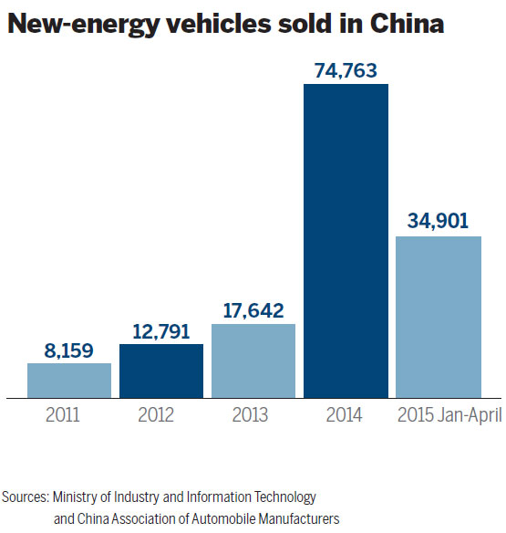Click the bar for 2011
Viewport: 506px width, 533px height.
tap(69, 380)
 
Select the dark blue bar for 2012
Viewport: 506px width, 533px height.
tap(161, 371)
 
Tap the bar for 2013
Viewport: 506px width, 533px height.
tap(253, 361)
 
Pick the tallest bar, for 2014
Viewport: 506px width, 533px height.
tap(346, 240)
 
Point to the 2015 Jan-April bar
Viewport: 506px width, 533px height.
tap(439, 317)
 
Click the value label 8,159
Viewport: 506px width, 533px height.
tap(69, 349)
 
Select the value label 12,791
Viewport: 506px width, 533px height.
tap(161, 329)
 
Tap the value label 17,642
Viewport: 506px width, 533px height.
tap(253, 309)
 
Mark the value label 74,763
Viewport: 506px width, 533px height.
tap(346, 69)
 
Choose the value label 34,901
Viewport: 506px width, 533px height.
tap(439, 222)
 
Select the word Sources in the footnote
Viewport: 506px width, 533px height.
tap(25, 497)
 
